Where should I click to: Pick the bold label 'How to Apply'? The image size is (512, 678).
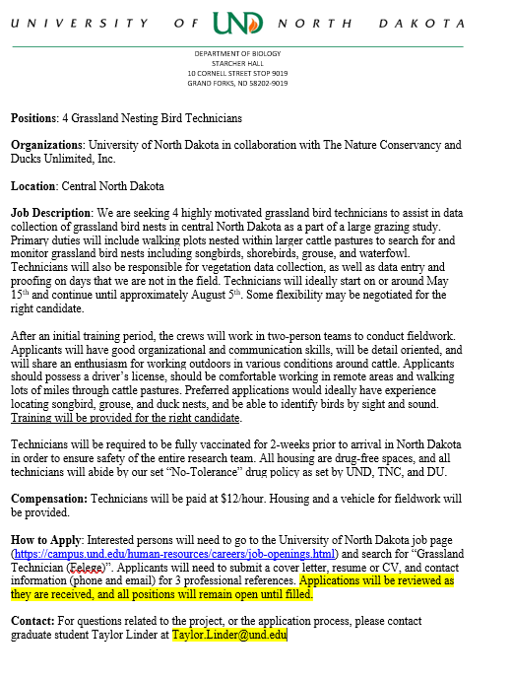(x=46, y=541)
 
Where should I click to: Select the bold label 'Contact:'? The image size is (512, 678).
(x=32, y=622)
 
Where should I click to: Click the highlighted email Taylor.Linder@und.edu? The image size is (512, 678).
(x=229, y=636)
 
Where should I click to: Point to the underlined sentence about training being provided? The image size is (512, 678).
(x=126, y=418)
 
